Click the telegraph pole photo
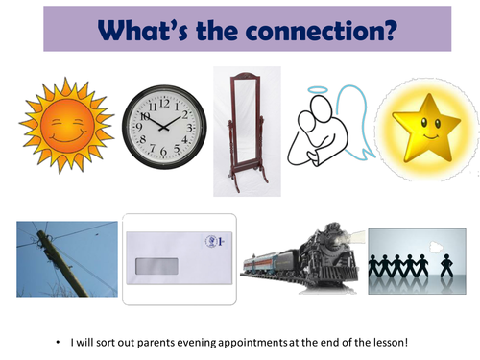(x=65, y=258)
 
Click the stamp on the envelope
(x=209, y=243)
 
